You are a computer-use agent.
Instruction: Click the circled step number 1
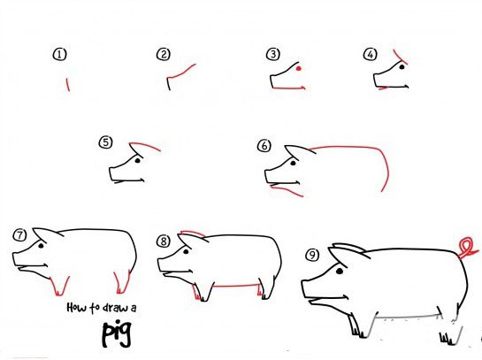point(59,55)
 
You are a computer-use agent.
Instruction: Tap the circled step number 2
point(164,55)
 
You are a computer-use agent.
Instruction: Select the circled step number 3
point(273,54)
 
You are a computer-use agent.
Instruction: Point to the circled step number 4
point(370,55)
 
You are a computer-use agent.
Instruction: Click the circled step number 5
point(106,142)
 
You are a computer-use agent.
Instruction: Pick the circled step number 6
point(264,146)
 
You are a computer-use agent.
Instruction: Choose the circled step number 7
point(20,235)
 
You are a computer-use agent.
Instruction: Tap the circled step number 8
point(164,241)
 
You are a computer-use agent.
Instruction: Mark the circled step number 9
point(312,255)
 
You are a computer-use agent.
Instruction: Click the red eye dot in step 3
point(298,69)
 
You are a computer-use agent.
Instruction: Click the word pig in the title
point(117,334)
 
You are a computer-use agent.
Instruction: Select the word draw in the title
point(115,307)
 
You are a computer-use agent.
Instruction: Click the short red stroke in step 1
point(68,85)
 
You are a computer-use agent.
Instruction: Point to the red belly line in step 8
point(235,286)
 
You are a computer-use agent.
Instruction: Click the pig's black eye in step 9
point(340,272)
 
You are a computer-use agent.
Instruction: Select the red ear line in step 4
point(400,57)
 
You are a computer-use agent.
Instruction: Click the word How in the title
point(77,307)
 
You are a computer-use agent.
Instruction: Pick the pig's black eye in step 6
point(293,164)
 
